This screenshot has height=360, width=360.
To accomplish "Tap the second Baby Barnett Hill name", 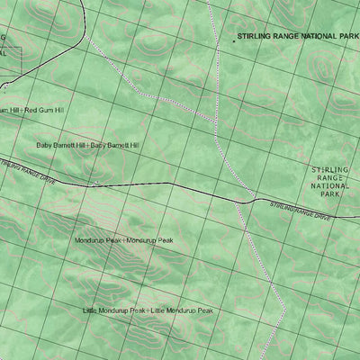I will pos(115,145).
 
